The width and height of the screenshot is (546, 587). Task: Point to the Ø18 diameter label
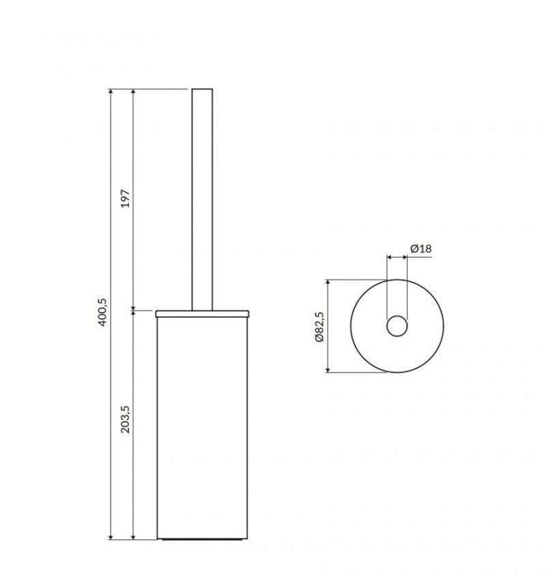pyautogui.click(x=421, y=249)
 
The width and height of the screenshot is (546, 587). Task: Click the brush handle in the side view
pyautogui.click(x=203, y=198)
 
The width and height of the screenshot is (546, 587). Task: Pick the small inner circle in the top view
pyautogui.click(x=397, y=326)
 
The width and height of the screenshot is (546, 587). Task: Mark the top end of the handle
pyautogui.click(x=203, y=91)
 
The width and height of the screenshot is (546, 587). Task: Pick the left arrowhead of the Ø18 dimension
pyautogui.click(x=390, y=257)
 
